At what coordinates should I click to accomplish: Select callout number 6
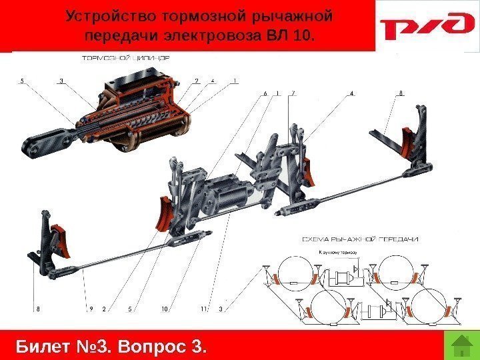coord(265,93)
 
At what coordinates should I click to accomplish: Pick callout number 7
coord(293,93)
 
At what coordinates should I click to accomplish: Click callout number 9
coord(91,309)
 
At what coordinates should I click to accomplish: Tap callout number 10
coord(163,309)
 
